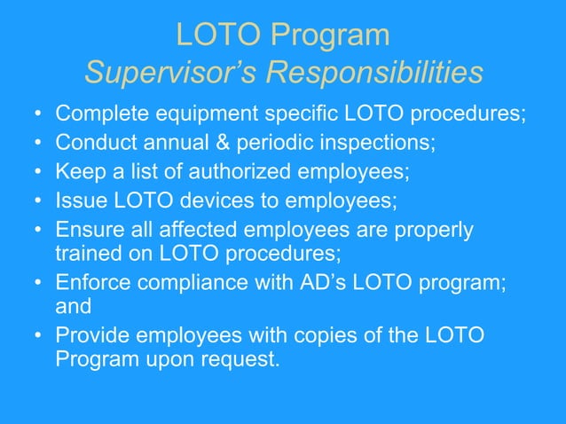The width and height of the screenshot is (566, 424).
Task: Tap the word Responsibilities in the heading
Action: tap(375, 72)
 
